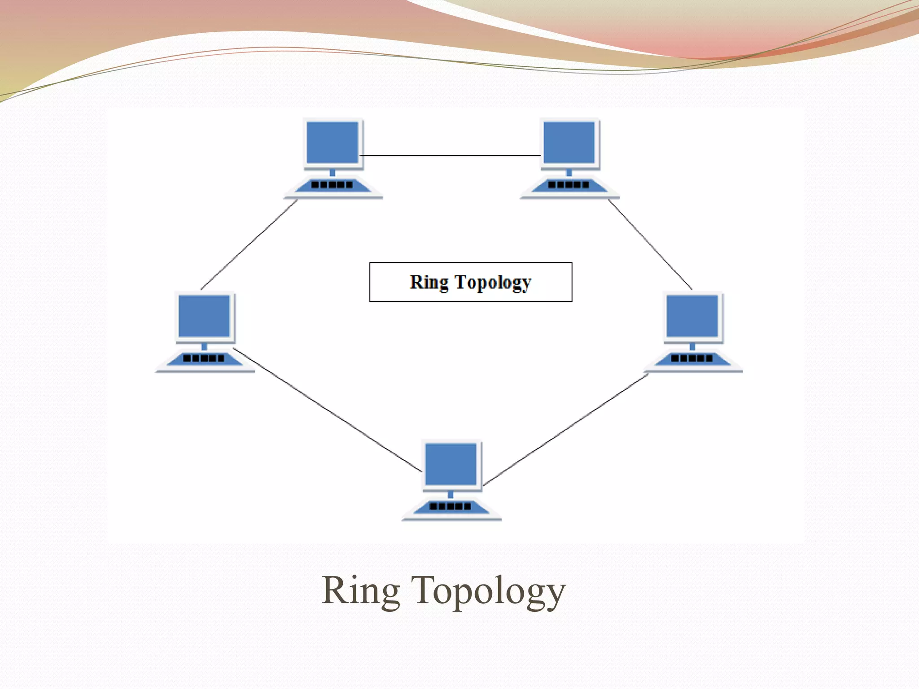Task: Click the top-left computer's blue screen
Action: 333,142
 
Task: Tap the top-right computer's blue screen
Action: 569,142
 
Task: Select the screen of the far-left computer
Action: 204,316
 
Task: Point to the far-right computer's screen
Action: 692,316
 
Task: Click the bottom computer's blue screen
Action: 451,464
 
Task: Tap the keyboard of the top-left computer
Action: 333,185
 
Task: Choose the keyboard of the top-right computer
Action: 569,185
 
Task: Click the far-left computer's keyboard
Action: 204,358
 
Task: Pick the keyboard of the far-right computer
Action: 692,358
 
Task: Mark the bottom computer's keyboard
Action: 451,506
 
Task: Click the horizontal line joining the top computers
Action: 450,156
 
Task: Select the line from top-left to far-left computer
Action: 249,244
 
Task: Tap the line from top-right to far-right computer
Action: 650,244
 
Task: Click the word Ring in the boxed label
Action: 429,283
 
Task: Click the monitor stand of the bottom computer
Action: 451,494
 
